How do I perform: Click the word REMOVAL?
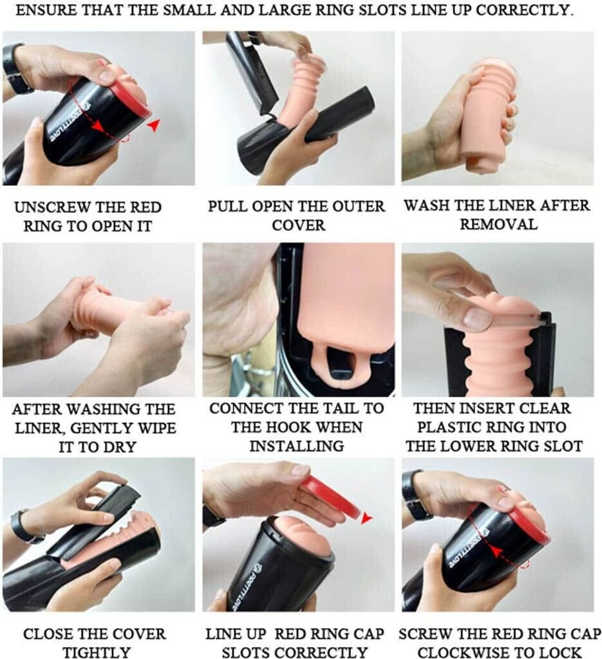click(498, 224)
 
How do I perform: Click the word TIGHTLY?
click(97, 653)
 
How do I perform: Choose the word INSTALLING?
click(297, 446)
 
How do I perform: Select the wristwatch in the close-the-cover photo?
click(25, 526)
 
